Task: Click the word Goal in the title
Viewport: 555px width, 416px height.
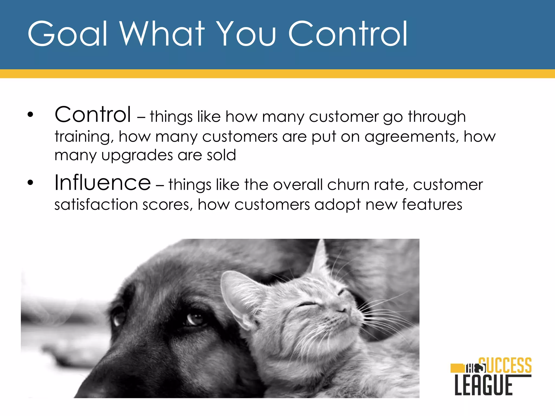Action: tap(67, 34)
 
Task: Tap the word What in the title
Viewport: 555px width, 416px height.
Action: tap(162, 34)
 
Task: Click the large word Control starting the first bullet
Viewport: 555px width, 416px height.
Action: tap(93, 115)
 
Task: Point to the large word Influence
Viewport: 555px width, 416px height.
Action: tap(102, 183)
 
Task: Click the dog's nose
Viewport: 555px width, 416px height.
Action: tap(108, 379)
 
